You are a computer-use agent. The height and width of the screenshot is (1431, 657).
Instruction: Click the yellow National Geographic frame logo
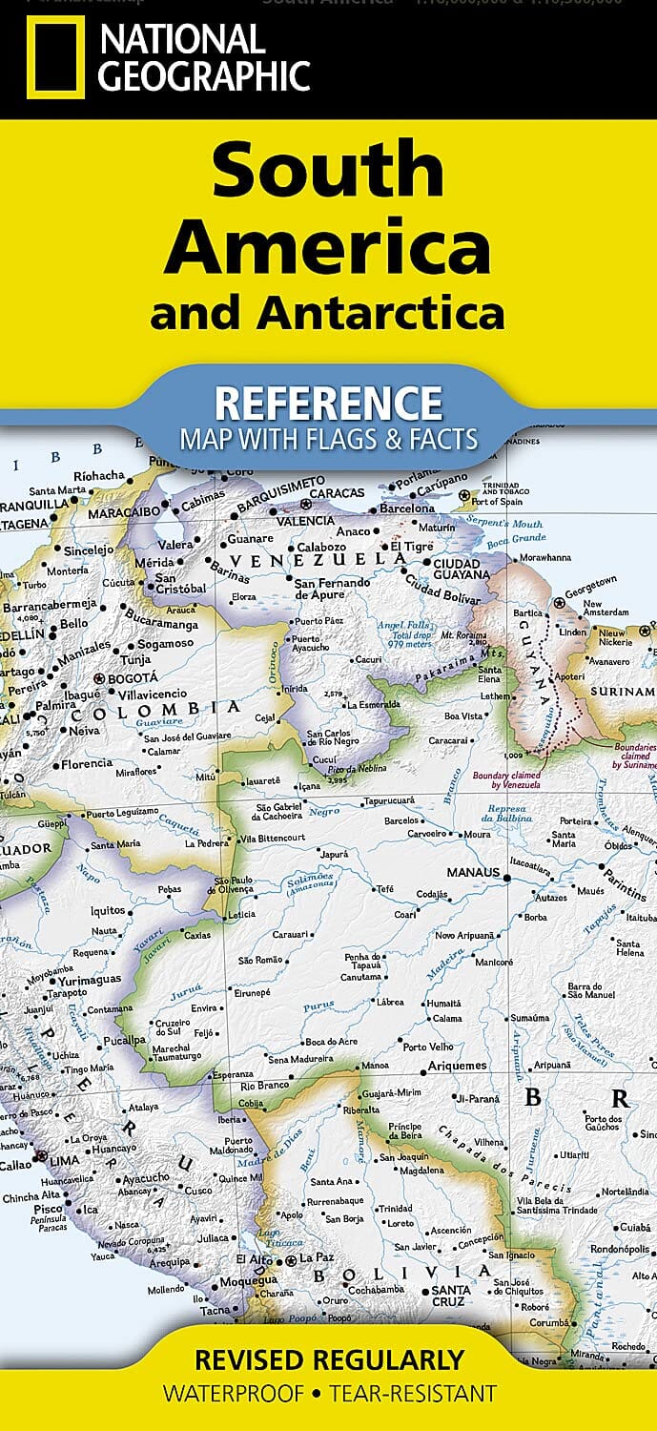[x=55, y=56]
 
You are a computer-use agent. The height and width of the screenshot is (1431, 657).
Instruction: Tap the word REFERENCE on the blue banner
[x=328, y=404]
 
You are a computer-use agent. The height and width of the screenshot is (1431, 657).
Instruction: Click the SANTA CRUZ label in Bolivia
[x=444, y=1297]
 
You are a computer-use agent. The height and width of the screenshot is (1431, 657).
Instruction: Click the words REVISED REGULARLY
[x=329, y=1359]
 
